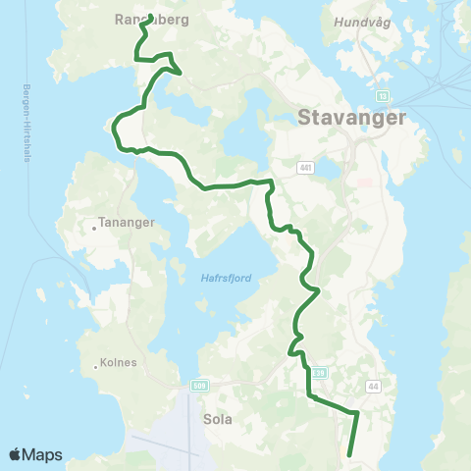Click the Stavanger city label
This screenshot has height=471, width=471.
pos(349,119)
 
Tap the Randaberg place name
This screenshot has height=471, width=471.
pos(151,19)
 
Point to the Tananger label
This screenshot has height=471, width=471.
pos(128,223)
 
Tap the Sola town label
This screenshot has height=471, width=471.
pos(217,417)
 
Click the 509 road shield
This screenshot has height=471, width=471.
pos(200,384)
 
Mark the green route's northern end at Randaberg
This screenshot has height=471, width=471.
pos(149,16)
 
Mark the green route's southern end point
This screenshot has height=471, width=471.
pos(350,454)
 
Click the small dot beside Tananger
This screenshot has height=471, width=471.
pos(94,228)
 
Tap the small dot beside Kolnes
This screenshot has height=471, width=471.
pos(94,367)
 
